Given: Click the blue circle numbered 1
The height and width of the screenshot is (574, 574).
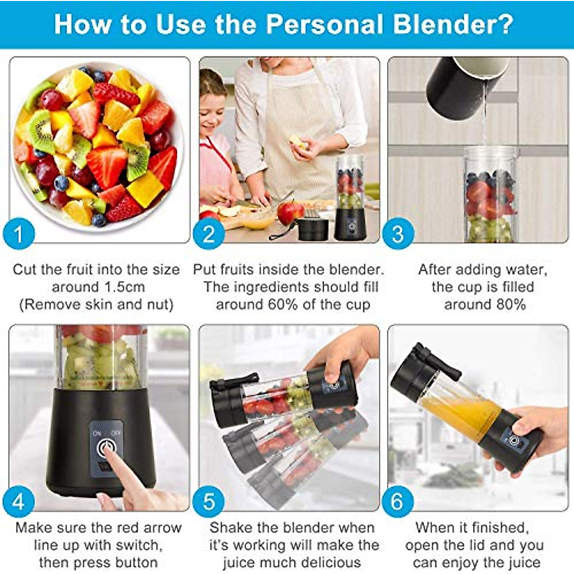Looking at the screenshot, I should [x=19, y=234].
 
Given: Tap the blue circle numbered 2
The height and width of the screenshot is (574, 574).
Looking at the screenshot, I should [x=209, y=234].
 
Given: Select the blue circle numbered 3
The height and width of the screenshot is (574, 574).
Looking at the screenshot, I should [x=397, y=234].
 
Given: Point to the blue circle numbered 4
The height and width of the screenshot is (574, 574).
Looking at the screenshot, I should [x=19, y=502].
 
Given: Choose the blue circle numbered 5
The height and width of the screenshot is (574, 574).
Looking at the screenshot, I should [x=209, y=502].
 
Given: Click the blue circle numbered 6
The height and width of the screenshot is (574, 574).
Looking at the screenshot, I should [x=397, y=502].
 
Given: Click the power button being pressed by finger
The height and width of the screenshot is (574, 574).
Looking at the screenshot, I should [x=106, y=448].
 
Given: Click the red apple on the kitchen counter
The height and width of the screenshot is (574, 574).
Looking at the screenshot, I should [x=290, y=212].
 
